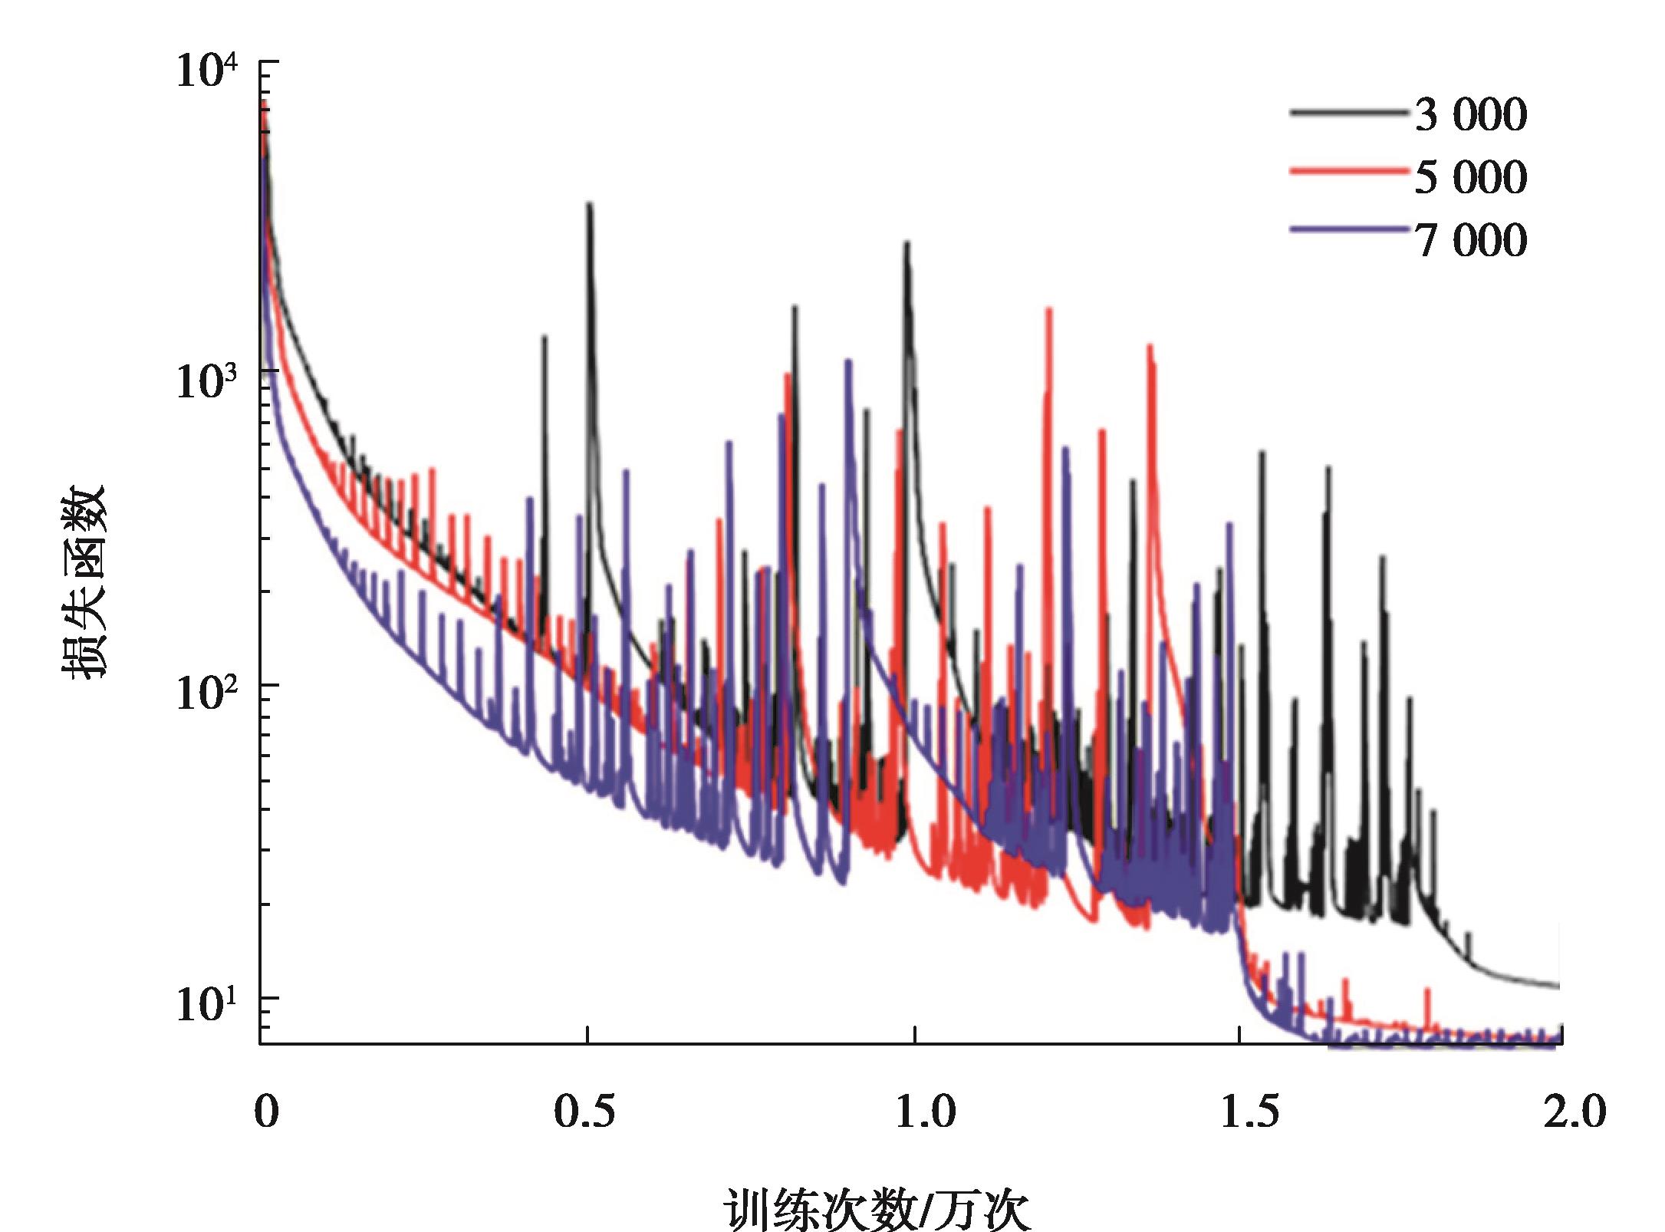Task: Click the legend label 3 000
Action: click(x=1470, y=115)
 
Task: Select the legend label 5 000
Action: click(x=1470, y=178)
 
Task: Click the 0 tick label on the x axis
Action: click(x=266, y=1112)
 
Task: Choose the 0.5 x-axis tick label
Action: click(x=584, y=1112)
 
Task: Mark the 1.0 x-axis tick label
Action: click(x=926, y=1112)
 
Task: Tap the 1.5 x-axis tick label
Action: click(x=1250, y=1112)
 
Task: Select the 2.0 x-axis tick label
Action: click(x=1573, y=1112)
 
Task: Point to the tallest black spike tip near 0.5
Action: click(x=589, y=206)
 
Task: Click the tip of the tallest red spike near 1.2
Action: click(x=1048, y=310)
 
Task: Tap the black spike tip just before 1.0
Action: click(x=907, y=244)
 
